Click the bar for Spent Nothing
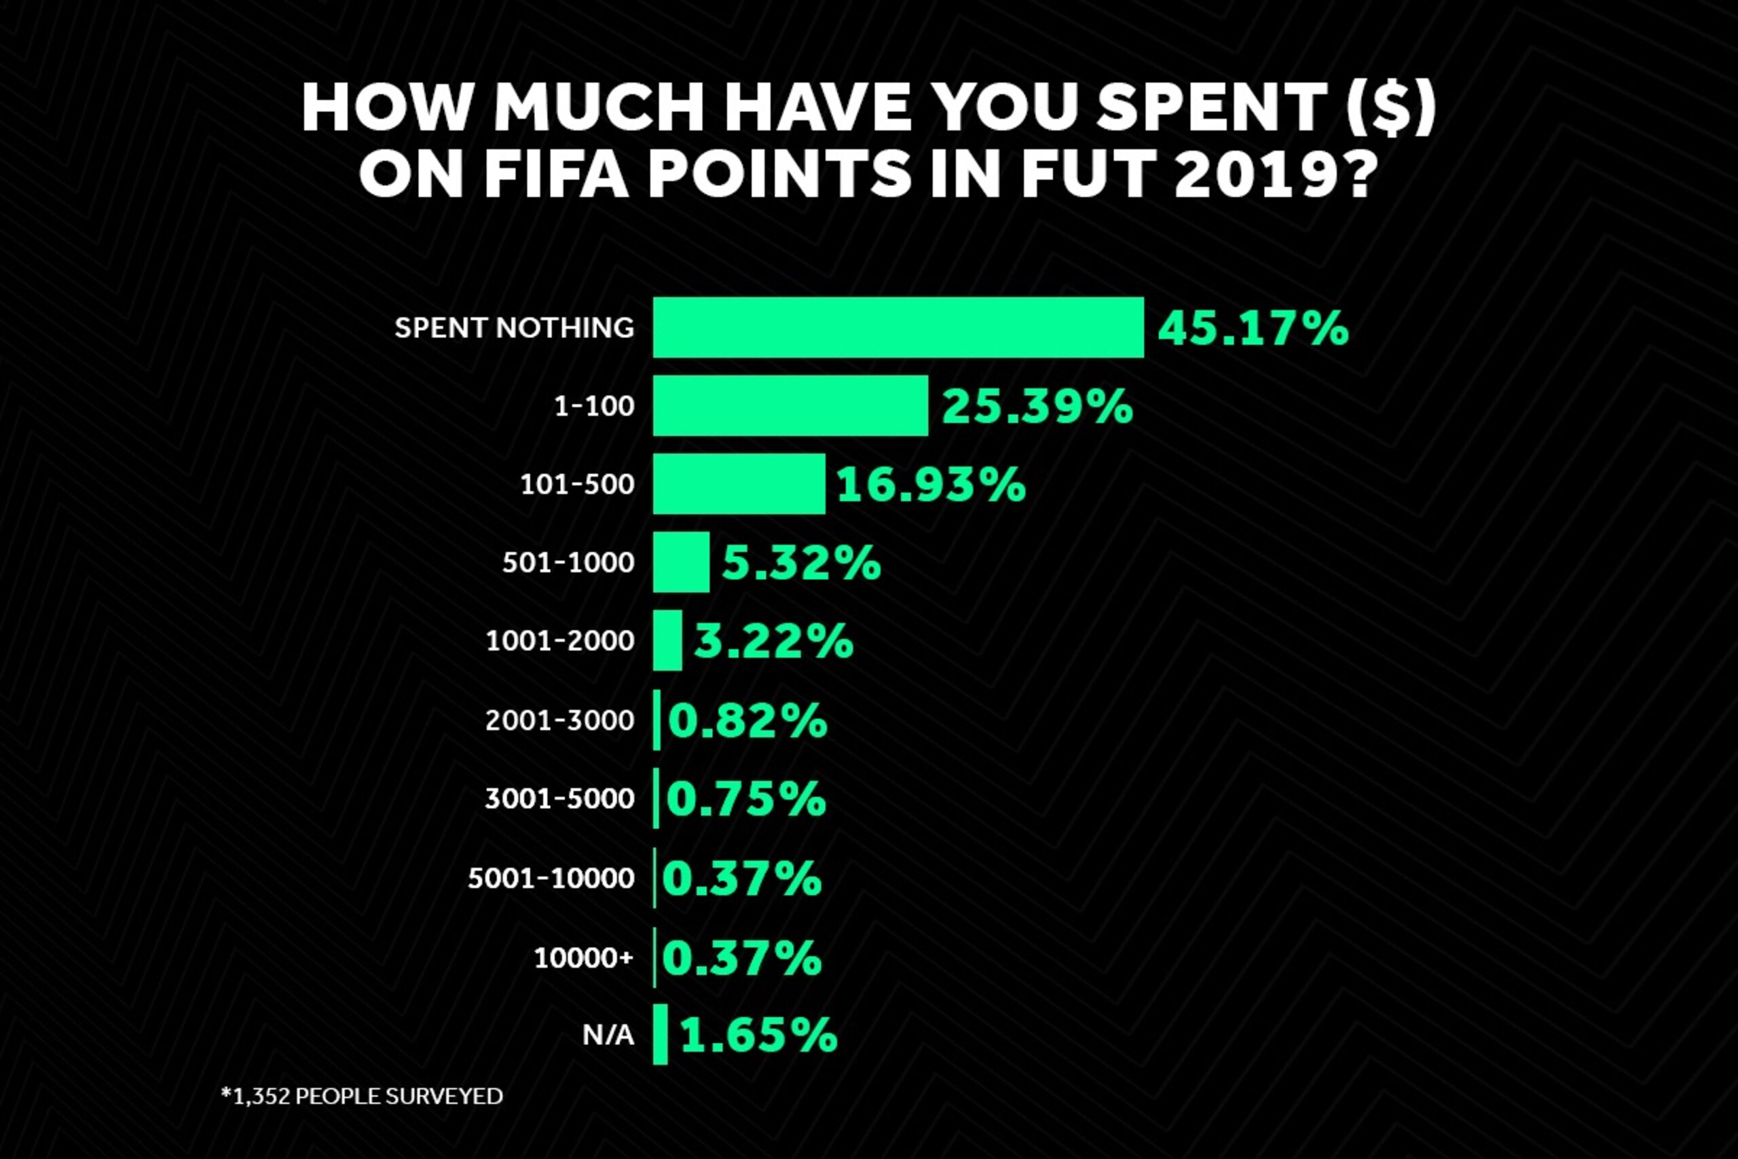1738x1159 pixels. pyautogui.click(x=899, y=327)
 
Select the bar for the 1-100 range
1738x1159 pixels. pyautogui.click(x=791, y=406)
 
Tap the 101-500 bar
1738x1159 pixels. pyautogui.click(x=739, y=484)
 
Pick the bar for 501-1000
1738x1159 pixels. pyautogui.click(x=682, y=562)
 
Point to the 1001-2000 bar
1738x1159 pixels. pyautogui.click(x=667, y=641)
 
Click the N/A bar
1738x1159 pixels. pyautogui.click(x=661, y=1034)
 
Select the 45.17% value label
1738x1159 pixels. pyautogui.click(x=1253, y=328)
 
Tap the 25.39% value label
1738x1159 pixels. pyautogui.click(x=1037, y=407)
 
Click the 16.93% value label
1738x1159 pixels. pyautogui.click(x=931, y=485)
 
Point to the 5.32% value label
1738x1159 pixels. pyautogui.click(x=801, y=564)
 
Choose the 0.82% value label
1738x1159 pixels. pyautogui.click(x=747, y=720)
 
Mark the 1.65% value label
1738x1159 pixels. pyautogui.click(x=759, y=1035)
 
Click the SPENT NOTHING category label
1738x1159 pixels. pyautogui.click(x=515, y=327)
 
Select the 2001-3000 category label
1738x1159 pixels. pyautogui.click(x=560, y=720)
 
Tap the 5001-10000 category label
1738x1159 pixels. pyautogui.click(x=551, y=878)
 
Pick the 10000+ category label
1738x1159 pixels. pyautogui.click(x=584, y=958)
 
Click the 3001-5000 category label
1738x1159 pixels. pyautogui.click(x=560, y=798)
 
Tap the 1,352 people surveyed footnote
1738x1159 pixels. pyautogui.click(x=362, y=1095)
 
